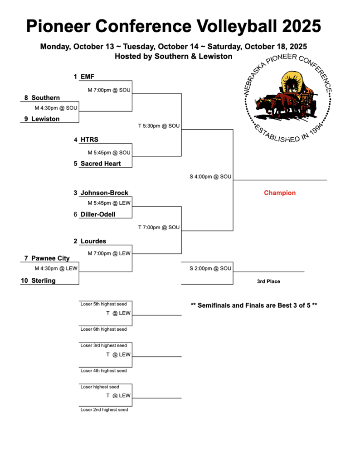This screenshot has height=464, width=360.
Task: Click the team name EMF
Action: pyautogui.click(x=87, y=77)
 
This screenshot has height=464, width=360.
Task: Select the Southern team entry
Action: pyautogui.click(x=45, y=97)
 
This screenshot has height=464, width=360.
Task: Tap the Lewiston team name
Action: pyautogui.click(x=45, y=119)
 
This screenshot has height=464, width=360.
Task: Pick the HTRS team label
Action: pyautogui.click(x=89, y=140)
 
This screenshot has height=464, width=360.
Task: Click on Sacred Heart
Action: pyautogui.click(x=101, y=164)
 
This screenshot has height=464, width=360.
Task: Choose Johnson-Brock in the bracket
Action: pyautogui.click(x=104, y=193)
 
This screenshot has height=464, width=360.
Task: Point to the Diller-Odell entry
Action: pyautogui.click(x=98, y=214)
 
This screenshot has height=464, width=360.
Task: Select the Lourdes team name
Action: pyautogui.click(x=93, y=242)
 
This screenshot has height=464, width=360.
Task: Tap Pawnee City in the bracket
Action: pyautogui.click(x=50, y=258)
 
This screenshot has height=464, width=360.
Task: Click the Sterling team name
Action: pyautogui.click(x=44, y=280)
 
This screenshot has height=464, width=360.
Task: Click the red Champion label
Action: pyautogui.click(x=280, y=193)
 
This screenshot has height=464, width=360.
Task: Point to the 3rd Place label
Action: pyautogui.click(x=268, y=281)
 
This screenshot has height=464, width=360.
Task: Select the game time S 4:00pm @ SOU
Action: pyautogui.click(x=210, y=176)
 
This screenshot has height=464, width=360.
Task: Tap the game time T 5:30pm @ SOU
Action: pyautogui.click(x=159, y=126)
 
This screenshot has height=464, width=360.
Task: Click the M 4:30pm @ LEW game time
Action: pyautogui.click(x=56, y=268)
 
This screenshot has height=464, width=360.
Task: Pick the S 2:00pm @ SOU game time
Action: pyautogui.click(x=210, y=268)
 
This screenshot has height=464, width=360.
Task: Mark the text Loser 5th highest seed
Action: pyautogui.click(x=104, y=304)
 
